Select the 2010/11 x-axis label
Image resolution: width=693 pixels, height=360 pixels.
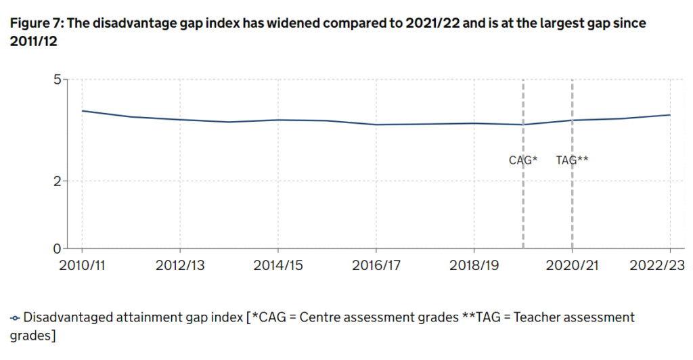click(x=82, y=265)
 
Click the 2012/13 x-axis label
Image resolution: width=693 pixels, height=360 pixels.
click(x=180, y=265)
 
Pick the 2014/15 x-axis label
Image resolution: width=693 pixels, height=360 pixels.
click(x=277, y=265)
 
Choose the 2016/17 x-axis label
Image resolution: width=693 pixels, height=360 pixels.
click(x=376, y=265)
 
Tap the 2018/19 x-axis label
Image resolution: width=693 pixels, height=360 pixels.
click(x=474, y=265)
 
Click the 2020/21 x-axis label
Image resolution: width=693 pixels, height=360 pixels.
click(x=572, y=265)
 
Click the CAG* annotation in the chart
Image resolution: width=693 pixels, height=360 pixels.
click(x=523, y=160)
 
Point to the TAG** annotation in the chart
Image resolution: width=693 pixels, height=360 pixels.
click(x=572, y=160)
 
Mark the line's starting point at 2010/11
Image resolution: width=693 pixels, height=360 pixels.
click(x=82, y=110)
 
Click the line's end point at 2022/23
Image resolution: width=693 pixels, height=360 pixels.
click(x=670, y=114)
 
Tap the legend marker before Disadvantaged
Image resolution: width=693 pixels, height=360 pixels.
click(x=15, y=317)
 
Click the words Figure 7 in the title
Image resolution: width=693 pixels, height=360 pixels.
click(x=34, y=24)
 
